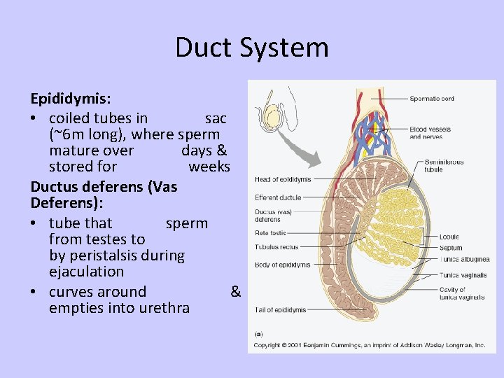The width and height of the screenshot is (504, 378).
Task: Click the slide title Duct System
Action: pyautogui.click(x=251, y=48)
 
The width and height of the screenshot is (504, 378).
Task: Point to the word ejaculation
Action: pyautogui.click(x=86, y=272)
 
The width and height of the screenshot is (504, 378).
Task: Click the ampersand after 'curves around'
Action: pyautogui.click(x=236, y=292)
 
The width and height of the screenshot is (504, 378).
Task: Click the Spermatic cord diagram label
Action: pyautogui.click(x=432, y=99)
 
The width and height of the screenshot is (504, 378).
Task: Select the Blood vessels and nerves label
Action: pyautogui.click(x=430, y=133)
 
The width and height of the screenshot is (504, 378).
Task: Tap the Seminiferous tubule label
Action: pyautogui.click(x=444, y=165)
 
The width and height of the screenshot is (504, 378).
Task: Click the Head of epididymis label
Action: pyautogui.click(x=283, y=180)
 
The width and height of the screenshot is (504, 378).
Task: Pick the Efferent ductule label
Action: pyautogui.click(x=278, y=198)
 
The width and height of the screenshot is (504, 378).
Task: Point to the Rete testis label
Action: pyautogui.click(x=271, y=233)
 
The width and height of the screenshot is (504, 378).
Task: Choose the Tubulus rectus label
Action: pyautogui.click(x=276, y=246)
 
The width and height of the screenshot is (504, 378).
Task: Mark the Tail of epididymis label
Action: pyautogui.click(x=280, y=309)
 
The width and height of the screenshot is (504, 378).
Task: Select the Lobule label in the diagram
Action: pyautogui.click(x=449, y=237)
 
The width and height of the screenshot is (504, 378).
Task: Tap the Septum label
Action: pyautogui.click(x=451, y=248)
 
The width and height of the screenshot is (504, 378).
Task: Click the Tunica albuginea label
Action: pyautogui.click(x=464, y=259)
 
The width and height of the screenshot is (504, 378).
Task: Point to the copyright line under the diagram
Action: pyautogui.click(x=369, y=345)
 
